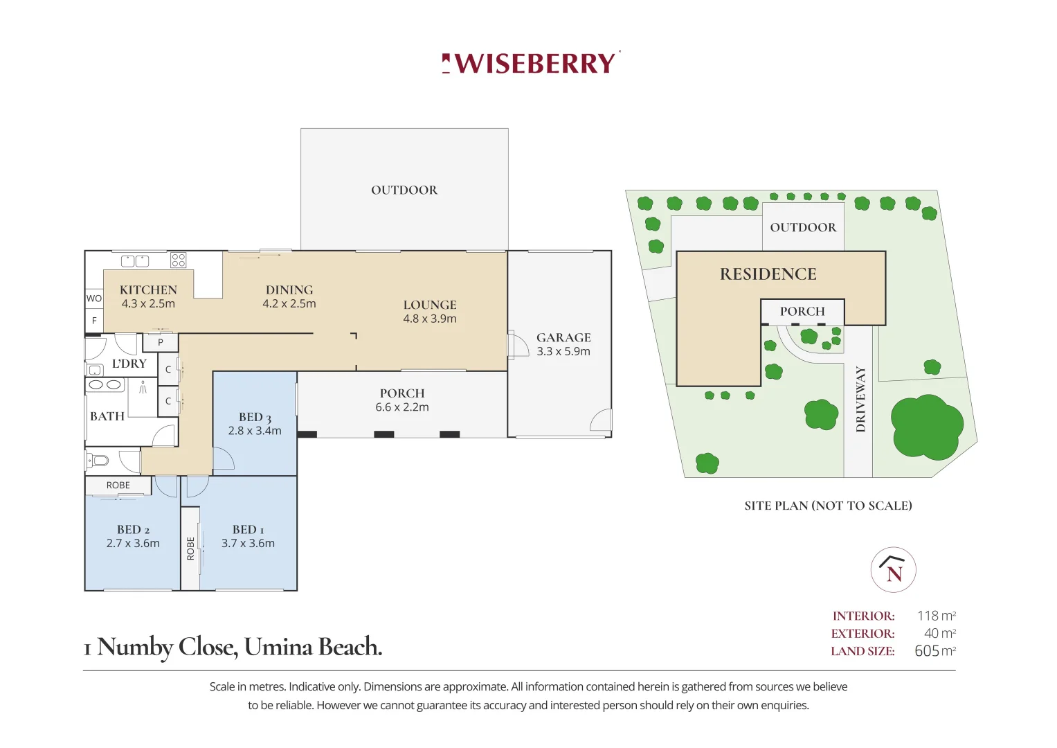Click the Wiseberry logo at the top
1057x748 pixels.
point(531,63)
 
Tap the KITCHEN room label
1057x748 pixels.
point(148,290)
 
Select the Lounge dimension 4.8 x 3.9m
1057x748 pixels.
point(430,319)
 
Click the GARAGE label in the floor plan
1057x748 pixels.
point(563,337)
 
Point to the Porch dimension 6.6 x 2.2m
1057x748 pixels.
point(402,407)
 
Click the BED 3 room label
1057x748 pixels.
point(255,417)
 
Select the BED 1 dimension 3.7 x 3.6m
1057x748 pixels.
point(248,544)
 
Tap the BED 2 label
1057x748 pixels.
point(133,530)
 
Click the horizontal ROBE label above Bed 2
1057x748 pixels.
point(118,486)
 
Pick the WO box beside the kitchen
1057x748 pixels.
point(94,299)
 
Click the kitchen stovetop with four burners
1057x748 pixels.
point(179,260)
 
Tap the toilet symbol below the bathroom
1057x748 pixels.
point(98,461)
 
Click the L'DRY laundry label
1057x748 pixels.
point(129,364)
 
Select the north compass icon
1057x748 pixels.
point(893,570)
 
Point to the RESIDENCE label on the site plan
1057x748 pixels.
point(768,274)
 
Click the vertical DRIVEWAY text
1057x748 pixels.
point(860,399)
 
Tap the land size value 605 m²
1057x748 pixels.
point(934,651)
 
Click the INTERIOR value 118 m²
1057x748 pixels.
point(936,616)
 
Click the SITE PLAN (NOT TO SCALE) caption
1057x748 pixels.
point(828,506)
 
